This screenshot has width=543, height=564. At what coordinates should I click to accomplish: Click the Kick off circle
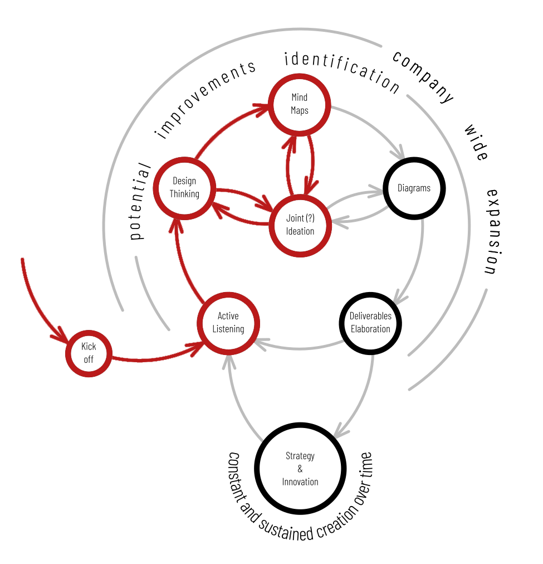click(x=89, y=353)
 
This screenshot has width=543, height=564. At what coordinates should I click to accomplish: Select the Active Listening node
click(x=228, y=323)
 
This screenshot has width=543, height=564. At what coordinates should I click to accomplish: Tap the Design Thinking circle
click(x=184, y=187)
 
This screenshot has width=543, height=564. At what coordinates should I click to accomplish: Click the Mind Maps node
click(x=300, y=104)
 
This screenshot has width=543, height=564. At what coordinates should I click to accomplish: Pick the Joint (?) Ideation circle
click(x=300, y=225)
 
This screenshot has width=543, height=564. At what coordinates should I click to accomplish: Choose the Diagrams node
click(x=414, y=188)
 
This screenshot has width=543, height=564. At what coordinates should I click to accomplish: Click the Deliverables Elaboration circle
click(x=370, y=323)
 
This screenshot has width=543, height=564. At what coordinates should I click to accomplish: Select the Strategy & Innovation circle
click(x=300, y=469)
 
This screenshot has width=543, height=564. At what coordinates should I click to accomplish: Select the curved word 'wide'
click(x=477, y=142)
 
